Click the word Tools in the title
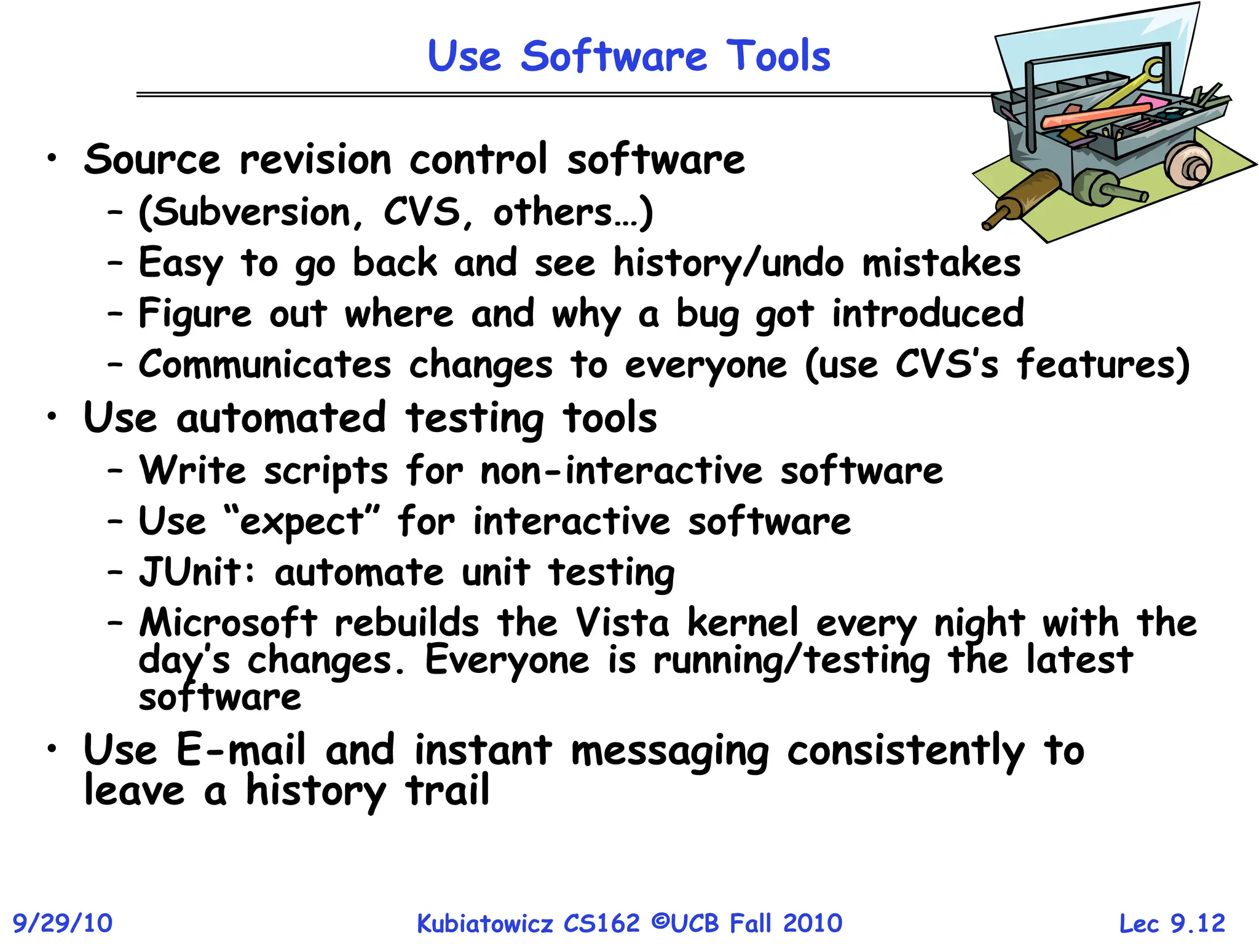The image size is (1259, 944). tap(778, 56)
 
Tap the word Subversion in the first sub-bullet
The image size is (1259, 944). tap(251, 213)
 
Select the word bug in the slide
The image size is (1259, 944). tap(707, 314)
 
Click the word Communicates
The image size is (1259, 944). tap(264, 364)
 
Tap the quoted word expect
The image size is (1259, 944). tap(301, 522)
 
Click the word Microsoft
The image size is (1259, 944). tap(228, 623)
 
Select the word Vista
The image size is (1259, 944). tap(622, 623)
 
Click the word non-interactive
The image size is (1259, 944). tap(621, 471)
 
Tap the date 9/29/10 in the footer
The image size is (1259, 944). tap(63, 923)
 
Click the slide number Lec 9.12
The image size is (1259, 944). tap(1172, 923)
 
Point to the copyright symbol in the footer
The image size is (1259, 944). tap(659, 921)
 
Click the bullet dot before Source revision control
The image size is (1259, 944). tap(53, 159)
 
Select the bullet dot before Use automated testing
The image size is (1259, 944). tap(53, 417)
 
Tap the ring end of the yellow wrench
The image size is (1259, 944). tap(1154, 69)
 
